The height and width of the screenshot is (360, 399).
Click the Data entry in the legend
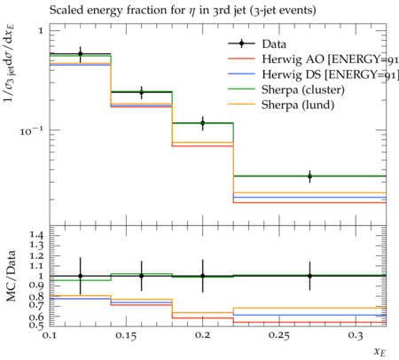pos(274,44)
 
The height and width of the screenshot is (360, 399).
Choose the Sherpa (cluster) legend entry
pos(303,90)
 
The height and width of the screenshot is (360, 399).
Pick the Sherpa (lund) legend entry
pos(298,105)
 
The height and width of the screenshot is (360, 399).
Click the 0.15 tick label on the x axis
pos(126,335)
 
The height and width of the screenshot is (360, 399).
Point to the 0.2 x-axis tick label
pos(203,335)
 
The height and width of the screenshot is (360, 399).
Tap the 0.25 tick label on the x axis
pos(279,335)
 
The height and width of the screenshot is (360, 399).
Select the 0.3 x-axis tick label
pos(356,335)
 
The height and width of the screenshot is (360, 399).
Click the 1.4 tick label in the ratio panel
pos(36,235)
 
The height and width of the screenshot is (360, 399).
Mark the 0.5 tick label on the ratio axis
pos(36,325)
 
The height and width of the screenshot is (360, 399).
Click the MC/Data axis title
pos(11,276)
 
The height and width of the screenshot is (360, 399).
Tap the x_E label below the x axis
pos(379,352)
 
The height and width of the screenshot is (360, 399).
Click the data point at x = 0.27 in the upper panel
pos(309,176)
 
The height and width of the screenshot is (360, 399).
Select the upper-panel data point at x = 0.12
pos(80,54)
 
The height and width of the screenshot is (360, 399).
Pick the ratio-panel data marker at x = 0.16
pos(142,276)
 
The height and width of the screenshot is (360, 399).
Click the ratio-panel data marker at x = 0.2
pos(203,276)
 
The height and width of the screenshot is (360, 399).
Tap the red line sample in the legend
pos(241,59)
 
